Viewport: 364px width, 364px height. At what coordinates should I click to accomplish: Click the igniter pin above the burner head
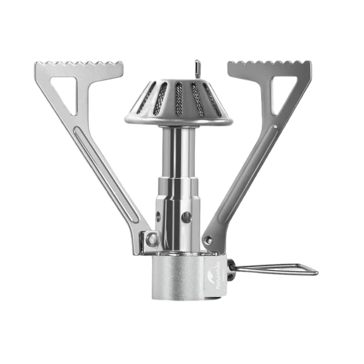(197, 66)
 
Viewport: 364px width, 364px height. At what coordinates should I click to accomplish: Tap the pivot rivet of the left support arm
(151, 239)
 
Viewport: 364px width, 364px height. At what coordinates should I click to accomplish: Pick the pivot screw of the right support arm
(208, 240)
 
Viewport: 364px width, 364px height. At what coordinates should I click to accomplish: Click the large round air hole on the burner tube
(187, 215)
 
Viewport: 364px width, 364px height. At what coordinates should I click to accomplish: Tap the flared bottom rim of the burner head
(179, 120)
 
